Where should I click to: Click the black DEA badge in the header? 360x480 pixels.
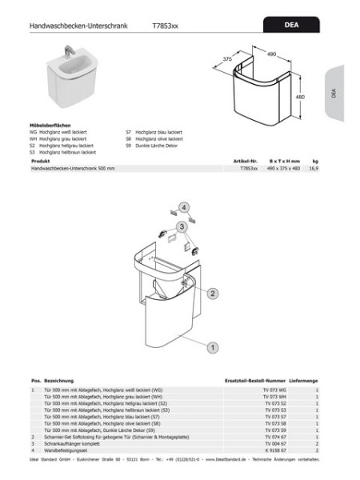click(x=291, y=26)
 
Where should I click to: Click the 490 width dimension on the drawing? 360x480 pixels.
click(x=270, y=54)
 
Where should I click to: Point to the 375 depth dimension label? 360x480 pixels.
click(x=226, y=60)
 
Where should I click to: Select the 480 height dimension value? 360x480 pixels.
click(x=301, y=96)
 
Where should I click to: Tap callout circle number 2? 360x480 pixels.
click(x=213, y=294)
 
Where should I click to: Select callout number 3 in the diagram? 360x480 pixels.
click(x=182, y=226)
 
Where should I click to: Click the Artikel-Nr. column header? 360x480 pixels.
click(x=244, y=161)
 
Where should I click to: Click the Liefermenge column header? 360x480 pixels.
click(x=304, y=382)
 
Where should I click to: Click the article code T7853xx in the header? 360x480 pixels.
click(x=165, y=26)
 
